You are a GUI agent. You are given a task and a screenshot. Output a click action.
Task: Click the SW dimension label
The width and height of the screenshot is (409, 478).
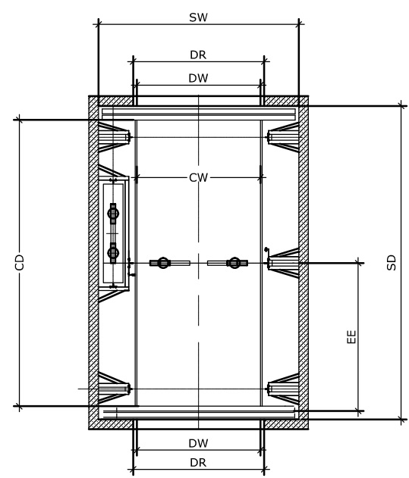[198, 17]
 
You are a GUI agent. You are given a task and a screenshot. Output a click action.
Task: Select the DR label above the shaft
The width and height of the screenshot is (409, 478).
[198, 55]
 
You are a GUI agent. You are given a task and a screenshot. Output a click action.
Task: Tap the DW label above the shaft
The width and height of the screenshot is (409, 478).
[198, 78]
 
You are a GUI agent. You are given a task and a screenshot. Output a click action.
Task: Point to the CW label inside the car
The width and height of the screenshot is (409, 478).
[198, 178]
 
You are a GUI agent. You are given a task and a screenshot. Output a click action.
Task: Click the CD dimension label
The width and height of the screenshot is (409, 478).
[19, 262]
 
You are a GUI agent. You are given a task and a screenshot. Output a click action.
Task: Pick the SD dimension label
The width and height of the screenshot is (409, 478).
[392, 262]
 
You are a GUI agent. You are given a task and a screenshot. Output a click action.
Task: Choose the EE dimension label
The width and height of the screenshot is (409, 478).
[352, 336]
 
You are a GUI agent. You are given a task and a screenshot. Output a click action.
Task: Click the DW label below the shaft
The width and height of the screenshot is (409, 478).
[198, 443]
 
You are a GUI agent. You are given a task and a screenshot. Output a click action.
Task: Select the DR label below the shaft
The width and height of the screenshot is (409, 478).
[198, 463]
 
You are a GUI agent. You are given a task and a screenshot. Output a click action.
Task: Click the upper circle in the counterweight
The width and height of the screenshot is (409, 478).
[113, 213]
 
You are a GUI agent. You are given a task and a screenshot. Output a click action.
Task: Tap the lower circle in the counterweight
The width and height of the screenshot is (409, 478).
[113, 252]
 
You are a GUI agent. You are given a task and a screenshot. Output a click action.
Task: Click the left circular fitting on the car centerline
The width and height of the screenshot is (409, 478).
[163, 263]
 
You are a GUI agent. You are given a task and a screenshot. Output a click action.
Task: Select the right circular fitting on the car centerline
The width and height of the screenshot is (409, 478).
[234, 263]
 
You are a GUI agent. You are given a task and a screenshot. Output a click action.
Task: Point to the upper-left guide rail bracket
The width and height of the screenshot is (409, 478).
[115, 137]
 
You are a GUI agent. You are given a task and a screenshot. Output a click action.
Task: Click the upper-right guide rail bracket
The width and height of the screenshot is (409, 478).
[283, 137]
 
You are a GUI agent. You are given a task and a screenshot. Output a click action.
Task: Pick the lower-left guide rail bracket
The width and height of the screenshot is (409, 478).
[115, 389]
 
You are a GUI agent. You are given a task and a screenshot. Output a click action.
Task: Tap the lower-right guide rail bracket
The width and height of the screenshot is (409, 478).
[283, 389]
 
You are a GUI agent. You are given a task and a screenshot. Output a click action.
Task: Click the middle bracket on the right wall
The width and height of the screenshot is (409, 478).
[283, 263]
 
